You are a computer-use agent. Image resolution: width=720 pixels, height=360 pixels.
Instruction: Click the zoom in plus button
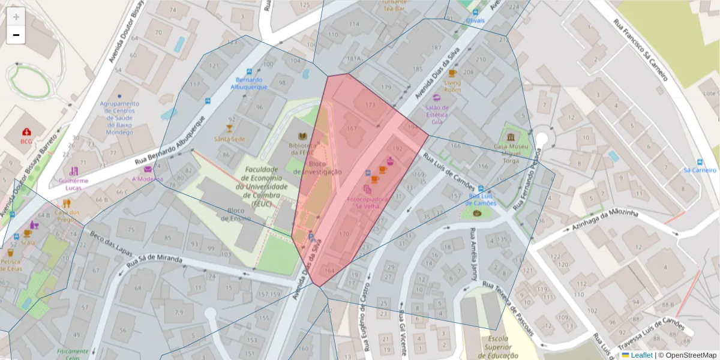16,16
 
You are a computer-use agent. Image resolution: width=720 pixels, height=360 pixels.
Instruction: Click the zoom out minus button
16,35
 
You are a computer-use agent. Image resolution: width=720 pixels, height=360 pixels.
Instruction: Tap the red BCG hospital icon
26,132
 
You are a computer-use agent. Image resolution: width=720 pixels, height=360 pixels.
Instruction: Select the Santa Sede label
229,139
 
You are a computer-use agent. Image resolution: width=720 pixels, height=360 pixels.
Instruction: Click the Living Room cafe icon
452,74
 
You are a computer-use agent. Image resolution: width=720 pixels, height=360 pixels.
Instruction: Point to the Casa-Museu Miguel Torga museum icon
510,137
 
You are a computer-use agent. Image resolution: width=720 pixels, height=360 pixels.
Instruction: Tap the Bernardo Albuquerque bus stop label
249,83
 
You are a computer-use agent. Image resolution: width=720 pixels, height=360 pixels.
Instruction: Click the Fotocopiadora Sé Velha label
368,202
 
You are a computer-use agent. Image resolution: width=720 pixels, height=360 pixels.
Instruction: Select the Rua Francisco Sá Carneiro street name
641,50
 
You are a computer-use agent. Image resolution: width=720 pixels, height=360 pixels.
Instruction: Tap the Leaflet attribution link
641,355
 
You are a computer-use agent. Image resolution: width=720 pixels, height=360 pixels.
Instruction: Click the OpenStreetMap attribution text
690,355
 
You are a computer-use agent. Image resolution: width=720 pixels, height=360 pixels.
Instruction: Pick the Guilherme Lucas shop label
73,184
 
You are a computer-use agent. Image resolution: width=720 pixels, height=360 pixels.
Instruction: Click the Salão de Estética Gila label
442,114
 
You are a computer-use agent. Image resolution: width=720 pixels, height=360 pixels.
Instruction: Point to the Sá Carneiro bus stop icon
700,161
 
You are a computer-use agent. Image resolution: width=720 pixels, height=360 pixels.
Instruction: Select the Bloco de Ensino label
236,214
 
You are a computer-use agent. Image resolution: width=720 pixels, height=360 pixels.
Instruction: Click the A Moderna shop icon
148,169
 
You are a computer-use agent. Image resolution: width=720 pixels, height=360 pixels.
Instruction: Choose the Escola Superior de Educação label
497,347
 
